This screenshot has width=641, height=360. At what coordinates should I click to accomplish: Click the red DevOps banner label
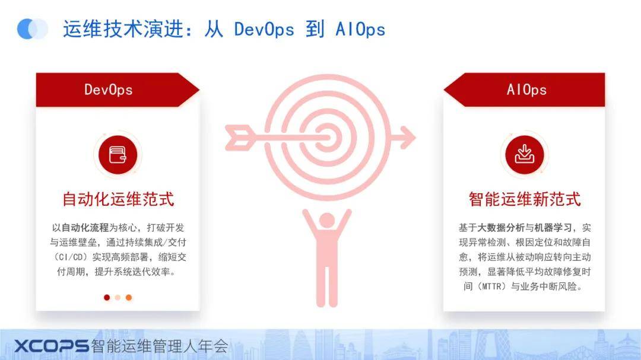(118, 90)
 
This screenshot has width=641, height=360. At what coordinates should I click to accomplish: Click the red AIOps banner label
(524, 90)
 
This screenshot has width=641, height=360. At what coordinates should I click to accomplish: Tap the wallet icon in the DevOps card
(118, 155)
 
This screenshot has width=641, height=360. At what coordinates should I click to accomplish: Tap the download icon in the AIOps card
(525, 154)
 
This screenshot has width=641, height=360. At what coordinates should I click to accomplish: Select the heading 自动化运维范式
(118, 199)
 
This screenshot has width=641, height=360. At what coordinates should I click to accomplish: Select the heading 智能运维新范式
(525, 199)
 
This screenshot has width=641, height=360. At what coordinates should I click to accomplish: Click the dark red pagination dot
(107, 298)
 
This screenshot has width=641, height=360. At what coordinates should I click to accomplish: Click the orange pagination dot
(129, 298)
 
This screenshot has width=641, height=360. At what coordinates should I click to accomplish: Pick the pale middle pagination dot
(118, 298)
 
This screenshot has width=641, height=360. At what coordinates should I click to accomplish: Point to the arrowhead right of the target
(407, 138)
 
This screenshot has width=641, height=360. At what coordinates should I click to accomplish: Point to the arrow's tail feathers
(239, 138)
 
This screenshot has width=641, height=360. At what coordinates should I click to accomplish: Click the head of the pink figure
(326, 221)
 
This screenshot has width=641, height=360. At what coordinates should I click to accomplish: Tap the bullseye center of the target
(327, 138)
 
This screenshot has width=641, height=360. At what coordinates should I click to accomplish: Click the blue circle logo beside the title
(32, 29)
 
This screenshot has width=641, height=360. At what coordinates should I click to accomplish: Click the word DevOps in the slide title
(264, 30)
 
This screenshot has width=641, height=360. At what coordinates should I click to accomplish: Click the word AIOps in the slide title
(360, 30)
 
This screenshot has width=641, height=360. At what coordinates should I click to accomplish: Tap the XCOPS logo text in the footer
(52, 346)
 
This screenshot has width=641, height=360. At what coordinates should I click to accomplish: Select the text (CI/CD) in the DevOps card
(71, 257)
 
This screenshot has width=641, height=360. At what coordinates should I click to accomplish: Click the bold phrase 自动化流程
(85, 228)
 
